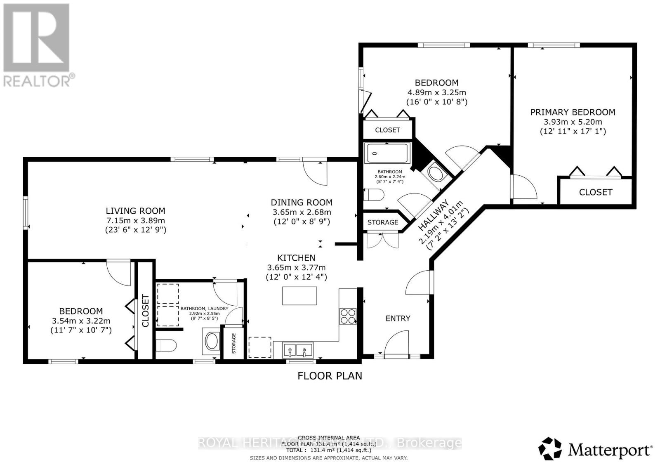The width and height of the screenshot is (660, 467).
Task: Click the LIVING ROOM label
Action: tap(135, 211)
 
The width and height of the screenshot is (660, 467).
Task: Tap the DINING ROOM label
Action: tap(302, 203)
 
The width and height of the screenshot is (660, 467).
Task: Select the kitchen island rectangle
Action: tap(299, 295)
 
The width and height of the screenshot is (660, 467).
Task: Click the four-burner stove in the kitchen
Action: tap(347, 316)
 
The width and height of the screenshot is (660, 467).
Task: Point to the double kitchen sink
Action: tap(297, 351)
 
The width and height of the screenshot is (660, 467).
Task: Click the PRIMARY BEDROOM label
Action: tap(573, 112)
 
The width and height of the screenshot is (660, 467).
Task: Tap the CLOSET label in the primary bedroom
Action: tap(595, 192)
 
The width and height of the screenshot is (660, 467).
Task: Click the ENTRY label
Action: tap(398, 318)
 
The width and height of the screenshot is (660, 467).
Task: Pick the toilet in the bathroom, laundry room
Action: tap(167, 345)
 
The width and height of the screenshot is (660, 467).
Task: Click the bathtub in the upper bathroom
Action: tap(387, 154)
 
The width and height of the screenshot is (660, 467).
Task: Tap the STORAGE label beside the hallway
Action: tap(382, 222)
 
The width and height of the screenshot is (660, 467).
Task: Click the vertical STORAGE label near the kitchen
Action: tap(234, 344)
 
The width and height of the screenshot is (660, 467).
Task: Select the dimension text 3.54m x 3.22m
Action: tap(81, 321)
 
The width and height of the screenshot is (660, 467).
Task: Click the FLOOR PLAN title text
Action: tap(330, 376)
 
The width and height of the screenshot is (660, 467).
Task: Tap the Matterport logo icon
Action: tap(550, 448)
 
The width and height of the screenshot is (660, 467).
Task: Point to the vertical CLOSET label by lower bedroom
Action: tap(145, 311)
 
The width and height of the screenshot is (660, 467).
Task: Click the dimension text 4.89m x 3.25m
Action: tap(436, 92)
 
